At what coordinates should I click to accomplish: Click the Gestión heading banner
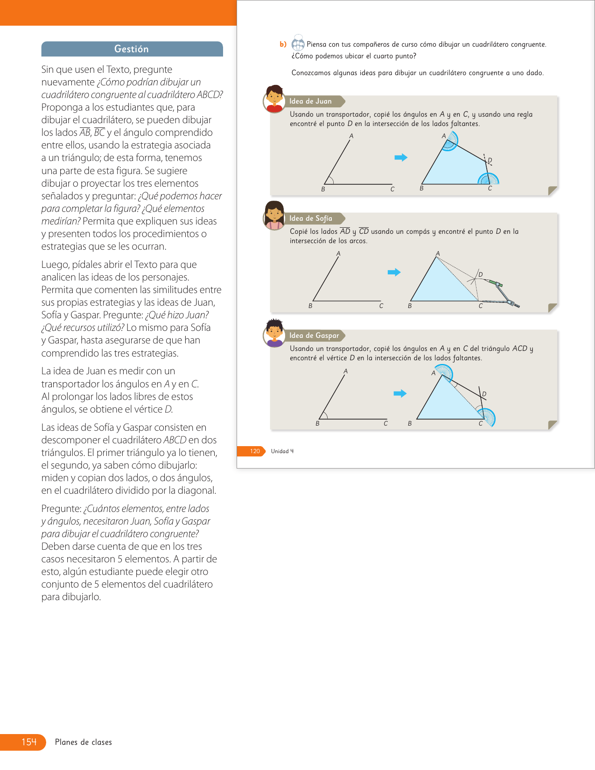tap(132, 49)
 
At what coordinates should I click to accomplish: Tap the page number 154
tap(28, 742)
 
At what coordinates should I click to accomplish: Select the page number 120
tap(255, 451)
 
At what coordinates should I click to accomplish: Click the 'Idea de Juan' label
tap(311, 101)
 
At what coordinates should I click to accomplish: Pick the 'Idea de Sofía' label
tap(311, 218)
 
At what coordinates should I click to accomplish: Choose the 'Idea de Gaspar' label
tap(315, 336)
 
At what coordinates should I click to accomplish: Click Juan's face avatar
tap(274, 98)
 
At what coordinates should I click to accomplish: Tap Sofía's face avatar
tap(274, 216)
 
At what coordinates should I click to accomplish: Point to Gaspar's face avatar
tap(274, 333)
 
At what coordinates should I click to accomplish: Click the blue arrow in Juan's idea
tap(401, 157)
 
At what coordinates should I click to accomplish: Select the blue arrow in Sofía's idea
tap(394, 272)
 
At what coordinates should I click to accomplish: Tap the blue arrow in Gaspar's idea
tap(400, 393)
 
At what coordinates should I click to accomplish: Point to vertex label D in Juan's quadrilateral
tap(490, 160)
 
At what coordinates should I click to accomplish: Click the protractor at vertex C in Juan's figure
tap(489, 179)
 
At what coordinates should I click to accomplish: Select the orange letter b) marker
tap(283, 44)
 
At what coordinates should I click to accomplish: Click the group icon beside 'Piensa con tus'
tap(298, 44)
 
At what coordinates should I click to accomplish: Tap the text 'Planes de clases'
tap(84, 742)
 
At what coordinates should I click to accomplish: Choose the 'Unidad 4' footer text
tap(282, 451)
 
